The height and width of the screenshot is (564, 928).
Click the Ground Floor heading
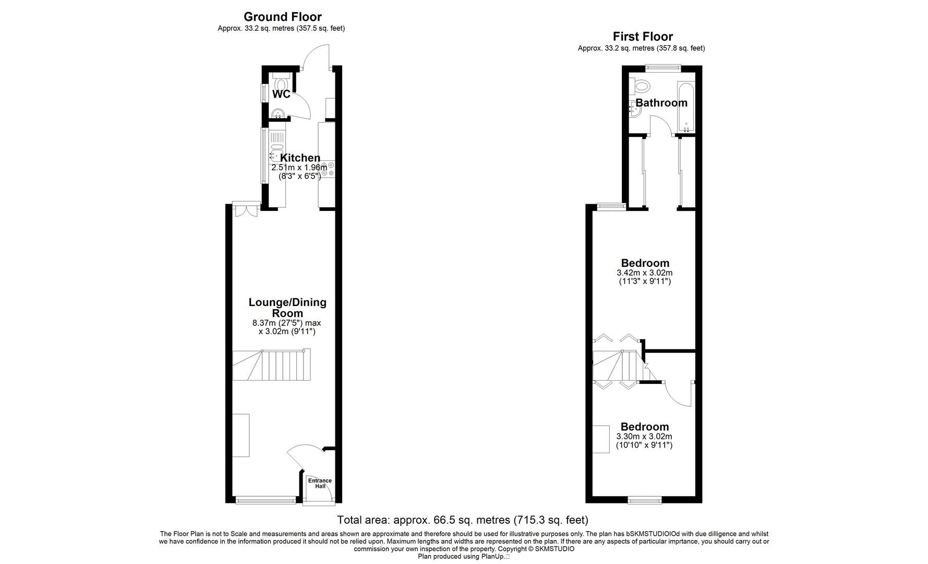pyautogui.click(x=282, y=17)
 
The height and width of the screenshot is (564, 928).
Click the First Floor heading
pyautogui.click(x=642, y=37)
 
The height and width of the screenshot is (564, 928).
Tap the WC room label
pyautogui.click(x=281, y=95)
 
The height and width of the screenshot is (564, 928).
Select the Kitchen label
pyautogui.click(x=300, y=158)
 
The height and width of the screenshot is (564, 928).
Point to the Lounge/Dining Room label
pyautogui.click(x=287, y=308)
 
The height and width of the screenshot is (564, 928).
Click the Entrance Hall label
pyautogui.click(x=320, y=484)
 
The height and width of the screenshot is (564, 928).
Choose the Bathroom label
pyautogui.click(x=661, y=103)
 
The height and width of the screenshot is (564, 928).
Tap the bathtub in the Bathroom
pyautogui.click(x=685, y=107)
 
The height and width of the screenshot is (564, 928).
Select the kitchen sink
pyautogui.click(x=276, y=155)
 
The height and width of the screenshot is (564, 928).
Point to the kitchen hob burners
pyautogui.click(x=327, y=169)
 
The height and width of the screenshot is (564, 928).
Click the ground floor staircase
pyautogui.click(x=271, y=366)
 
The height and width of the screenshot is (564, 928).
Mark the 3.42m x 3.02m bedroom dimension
pyautogui.click(x=644, y=273)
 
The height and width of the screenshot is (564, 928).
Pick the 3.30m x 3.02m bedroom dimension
pyautogui.click(x=644, y=437)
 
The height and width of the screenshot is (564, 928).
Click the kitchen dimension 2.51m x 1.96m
pyautogui.click(x=299, y=168)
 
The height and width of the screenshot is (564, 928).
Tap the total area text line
pyautogui.click(x=462, y=520)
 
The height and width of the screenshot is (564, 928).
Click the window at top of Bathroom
pyautogui.click(x=662, y=67)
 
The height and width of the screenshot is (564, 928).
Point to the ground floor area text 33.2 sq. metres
pyautogui.click(x=281, y=29)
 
